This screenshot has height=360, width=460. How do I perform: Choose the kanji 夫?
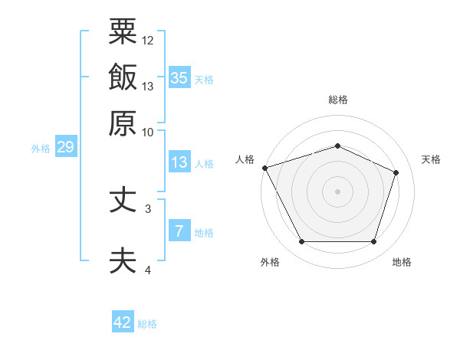[123, 259]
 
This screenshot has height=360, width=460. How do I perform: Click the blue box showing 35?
[179, 77]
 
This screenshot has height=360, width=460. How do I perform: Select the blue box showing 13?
[179, 162]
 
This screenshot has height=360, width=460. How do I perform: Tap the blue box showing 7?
[179, 231]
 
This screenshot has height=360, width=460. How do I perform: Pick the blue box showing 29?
[65, 148]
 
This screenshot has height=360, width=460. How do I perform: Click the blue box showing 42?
[123, 322]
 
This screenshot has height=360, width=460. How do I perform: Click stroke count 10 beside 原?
[148, 132]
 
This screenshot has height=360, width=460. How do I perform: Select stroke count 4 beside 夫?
[148, 270]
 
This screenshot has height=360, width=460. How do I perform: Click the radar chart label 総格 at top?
[337, 100]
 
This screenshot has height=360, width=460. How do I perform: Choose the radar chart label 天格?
[431, 159]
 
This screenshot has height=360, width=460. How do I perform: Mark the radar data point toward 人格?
[264, 168]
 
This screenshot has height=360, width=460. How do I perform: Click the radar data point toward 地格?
[373, 242]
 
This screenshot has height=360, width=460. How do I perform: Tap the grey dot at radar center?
[337, 191]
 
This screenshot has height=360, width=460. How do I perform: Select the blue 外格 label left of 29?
[40, 149]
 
